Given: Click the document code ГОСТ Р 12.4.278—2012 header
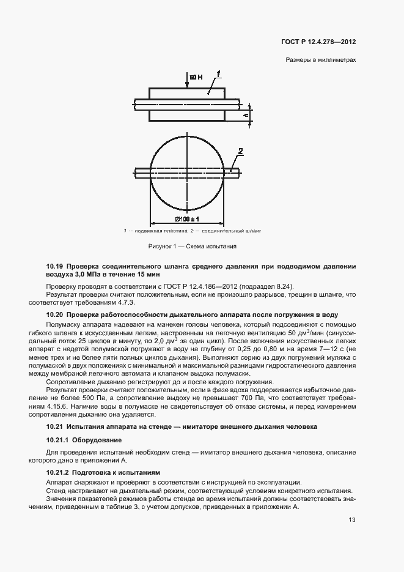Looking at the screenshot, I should click(x=318, y=42).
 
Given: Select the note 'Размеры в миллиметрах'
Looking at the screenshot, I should click(x=320, y=61).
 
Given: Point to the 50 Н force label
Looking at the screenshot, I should click(x=196, y=78).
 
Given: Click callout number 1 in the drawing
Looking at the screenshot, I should click(x=218, y=74).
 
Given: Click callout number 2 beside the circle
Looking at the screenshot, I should click(x=241, y=150).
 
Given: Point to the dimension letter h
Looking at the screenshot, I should click(x=244, y=114).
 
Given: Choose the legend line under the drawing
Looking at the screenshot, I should click(x=192, y=231).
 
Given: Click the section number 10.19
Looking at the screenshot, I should click(x=55, y=267).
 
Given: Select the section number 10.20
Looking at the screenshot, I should click(x=55, y=314).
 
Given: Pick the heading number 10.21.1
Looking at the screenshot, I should click(x=58, y=440).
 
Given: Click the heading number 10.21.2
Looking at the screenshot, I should click(x=58, y=472).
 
